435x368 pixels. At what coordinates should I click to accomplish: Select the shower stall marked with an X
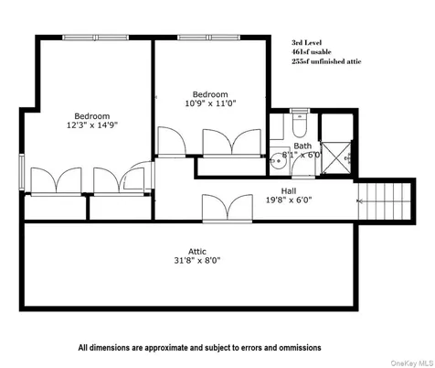click(x=337, y=156)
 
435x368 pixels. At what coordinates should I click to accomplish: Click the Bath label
click(x=302, y=146)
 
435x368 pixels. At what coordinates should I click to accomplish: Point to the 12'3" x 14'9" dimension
click(x=92, y=126)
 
